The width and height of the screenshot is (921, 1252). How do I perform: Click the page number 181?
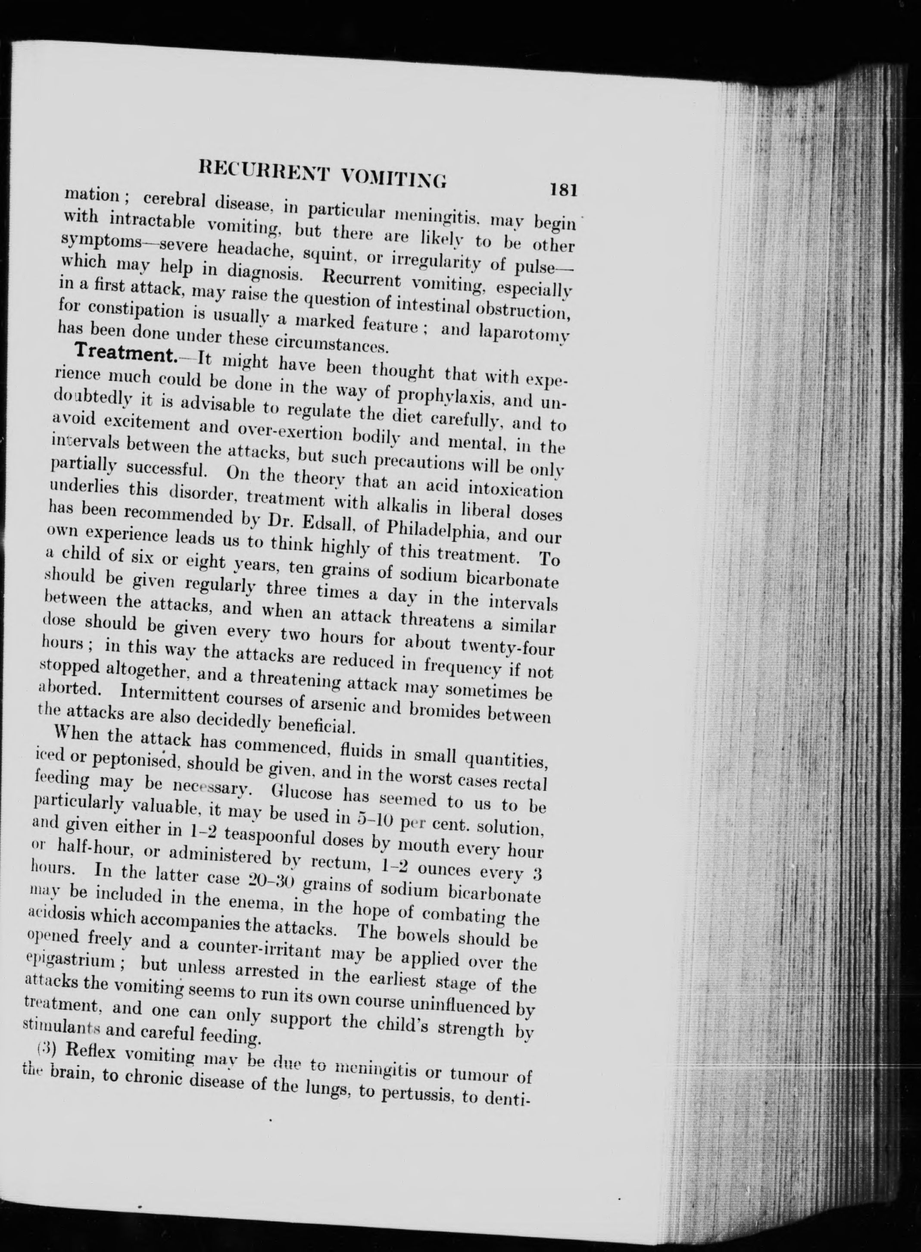562,190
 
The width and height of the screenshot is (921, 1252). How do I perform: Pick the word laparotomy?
522,334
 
